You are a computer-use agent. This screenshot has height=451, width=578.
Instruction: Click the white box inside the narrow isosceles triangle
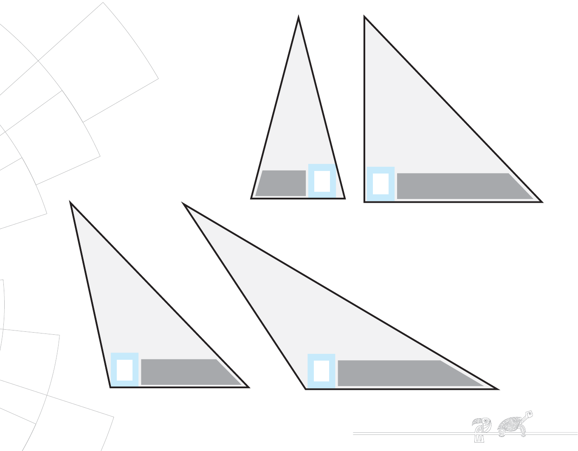pyautogui.click(x=322, y=181)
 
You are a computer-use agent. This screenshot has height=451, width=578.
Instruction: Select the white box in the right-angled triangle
pyautogui.click(x=381, y=184)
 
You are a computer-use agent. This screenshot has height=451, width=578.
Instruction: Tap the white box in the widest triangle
pyautogui.click(x=321, y=371)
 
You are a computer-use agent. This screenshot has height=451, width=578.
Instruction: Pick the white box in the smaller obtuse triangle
pyautogui.click(x=124, y=370)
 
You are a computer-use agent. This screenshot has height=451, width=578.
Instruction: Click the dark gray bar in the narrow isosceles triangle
pyautogui.click(x=281, y=183)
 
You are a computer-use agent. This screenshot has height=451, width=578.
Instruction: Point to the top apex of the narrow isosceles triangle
pyautogui.click(x=299, y=17)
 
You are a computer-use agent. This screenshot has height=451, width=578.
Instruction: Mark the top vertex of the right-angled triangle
pyautogui.click(x=365, y=17)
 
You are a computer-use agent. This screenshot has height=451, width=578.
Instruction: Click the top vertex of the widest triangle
pyautogui.click(x=184, y=204)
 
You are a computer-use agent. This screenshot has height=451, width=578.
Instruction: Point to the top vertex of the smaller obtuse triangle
pyautogui.click(x=70, y=203)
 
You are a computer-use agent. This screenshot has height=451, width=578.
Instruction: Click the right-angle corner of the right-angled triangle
pyautogui.click(x=365, y=202)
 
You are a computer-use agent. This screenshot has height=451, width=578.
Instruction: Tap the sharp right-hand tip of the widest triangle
pyautogui.click(x=497, y=389)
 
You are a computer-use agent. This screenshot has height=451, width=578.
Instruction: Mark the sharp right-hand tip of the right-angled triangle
pyautogui.click(x=541, y=202)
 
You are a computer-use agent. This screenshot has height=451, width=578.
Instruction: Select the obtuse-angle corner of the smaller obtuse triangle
pyautogui.click(x=111, y=387)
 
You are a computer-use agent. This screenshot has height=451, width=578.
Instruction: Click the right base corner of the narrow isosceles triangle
pyautogui.click(x=344, y=198)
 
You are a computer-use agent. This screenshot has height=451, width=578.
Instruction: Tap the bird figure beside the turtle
pyautogui.click(x=481, y=429)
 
